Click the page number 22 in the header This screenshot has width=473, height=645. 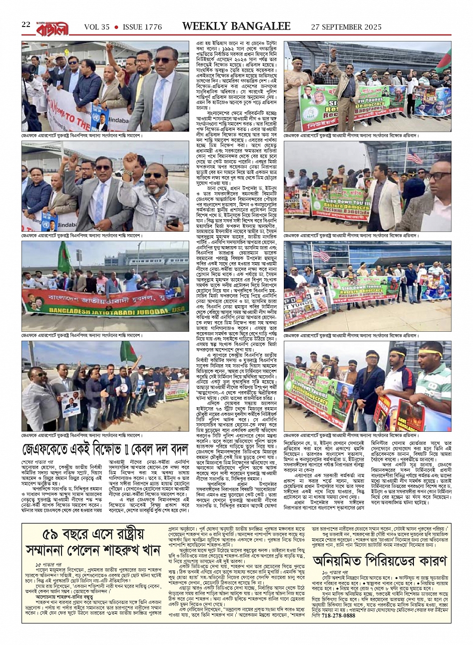(26, 25)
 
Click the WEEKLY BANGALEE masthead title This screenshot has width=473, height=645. (236, 27)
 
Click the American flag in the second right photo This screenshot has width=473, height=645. (415, 157)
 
